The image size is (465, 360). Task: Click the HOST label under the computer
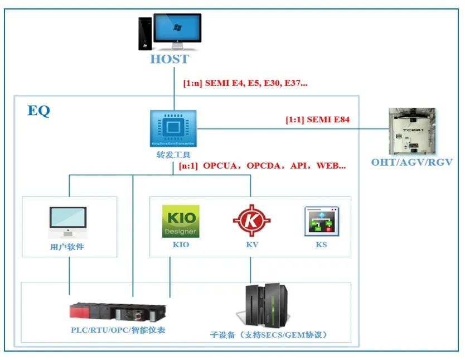[x=169, y=59]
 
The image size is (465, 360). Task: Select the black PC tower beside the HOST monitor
[x=146, y=33]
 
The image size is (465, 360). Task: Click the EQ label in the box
[x=38, y=111]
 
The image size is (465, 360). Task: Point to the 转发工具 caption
[x=173, y=155]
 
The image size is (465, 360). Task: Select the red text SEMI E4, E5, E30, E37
[x=245, y=83]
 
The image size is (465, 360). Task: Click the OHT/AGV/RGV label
[x=412, y=162]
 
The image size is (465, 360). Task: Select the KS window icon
[x=322, y=221]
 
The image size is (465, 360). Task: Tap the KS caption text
[x=321, y=244]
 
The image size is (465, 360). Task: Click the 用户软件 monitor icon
[x=68, y=222]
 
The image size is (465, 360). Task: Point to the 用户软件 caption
[x=67, y=247]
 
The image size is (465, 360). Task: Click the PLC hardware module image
[x=118, y=311]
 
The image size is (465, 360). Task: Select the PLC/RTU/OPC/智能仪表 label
[x=118, y=330]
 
